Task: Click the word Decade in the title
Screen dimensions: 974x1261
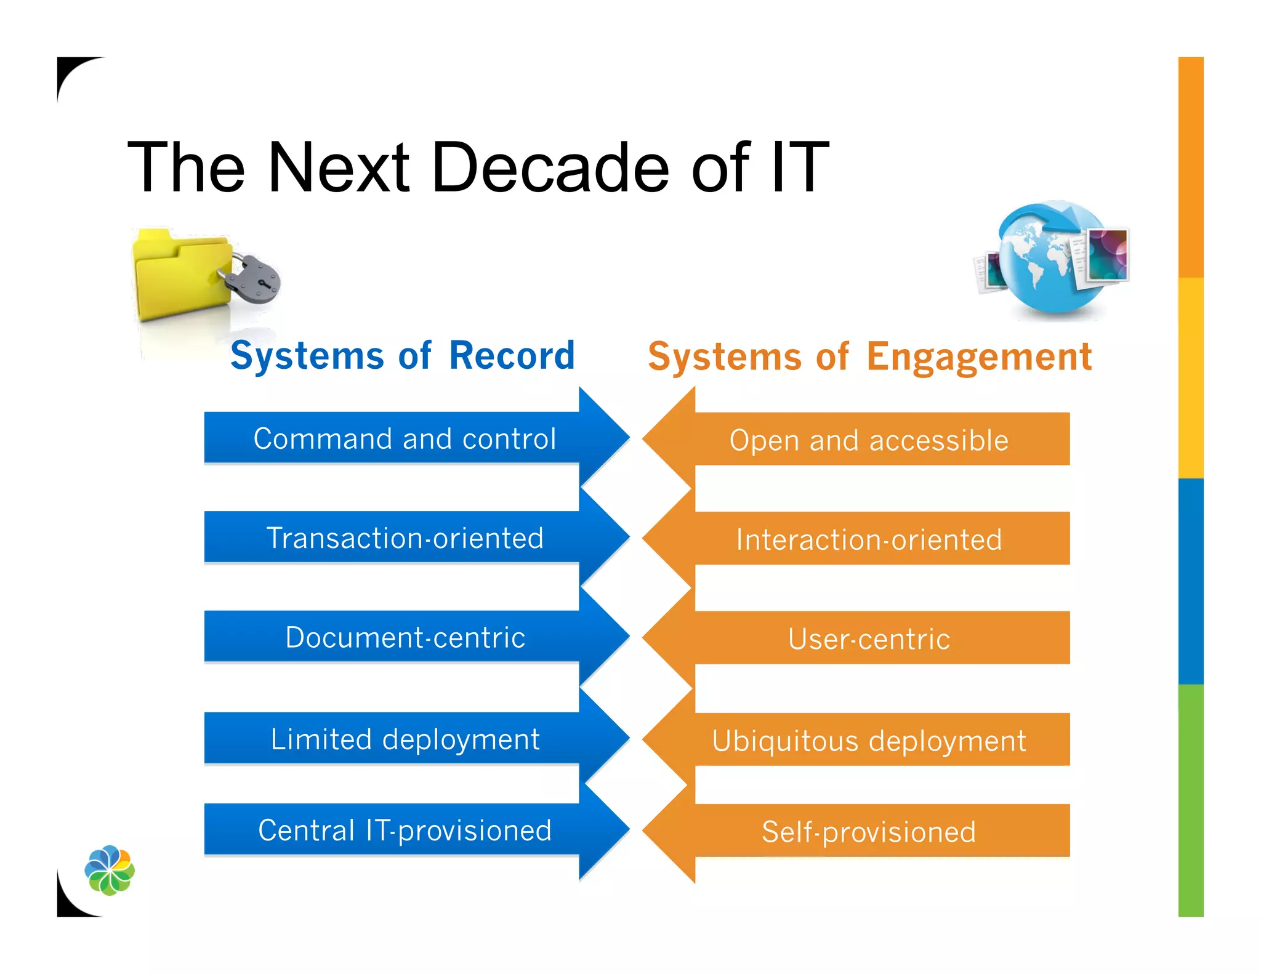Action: (550, 167)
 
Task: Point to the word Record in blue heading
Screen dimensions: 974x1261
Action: (512, 356)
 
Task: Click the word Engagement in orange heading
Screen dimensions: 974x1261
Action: (979, 357)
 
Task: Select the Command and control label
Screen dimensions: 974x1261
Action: (405, 439)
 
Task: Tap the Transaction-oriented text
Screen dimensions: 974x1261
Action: (405, 538)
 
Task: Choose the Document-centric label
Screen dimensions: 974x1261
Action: (405, 638)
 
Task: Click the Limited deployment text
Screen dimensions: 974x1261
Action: (405, 739)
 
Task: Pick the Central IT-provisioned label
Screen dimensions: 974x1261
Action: (405, 831)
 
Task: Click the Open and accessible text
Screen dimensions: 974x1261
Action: (869, 441)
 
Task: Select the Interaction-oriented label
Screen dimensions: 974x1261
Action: (869, 540)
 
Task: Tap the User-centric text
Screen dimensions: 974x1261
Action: (869, 639)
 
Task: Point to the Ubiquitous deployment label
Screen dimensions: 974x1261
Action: (869, 741)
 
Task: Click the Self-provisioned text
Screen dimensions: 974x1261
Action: (869, 832)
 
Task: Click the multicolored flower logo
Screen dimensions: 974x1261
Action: (110, 869)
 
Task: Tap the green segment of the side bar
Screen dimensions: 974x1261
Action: (1190, 800)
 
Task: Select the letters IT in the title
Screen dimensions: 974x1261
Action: (799, 167)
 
